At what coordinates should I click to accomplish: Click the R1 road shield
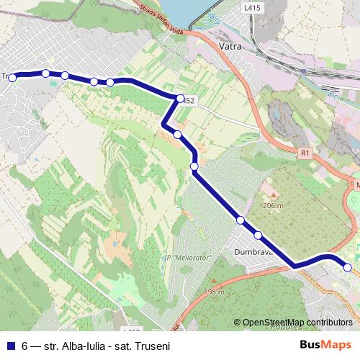305,153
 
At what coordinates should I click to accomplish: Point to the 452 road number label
189,101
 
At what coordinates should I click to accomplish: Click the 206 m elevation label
273,205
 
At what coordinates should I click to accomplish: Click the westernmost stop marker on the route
12,77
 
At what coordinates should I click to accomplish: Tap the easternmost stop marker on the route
347,268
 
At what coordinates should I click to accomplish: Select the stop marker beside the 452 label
180,98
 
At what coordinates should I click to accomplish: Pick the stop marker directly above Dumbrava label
257,235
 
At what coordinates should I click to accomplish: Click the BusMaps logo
325,345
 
